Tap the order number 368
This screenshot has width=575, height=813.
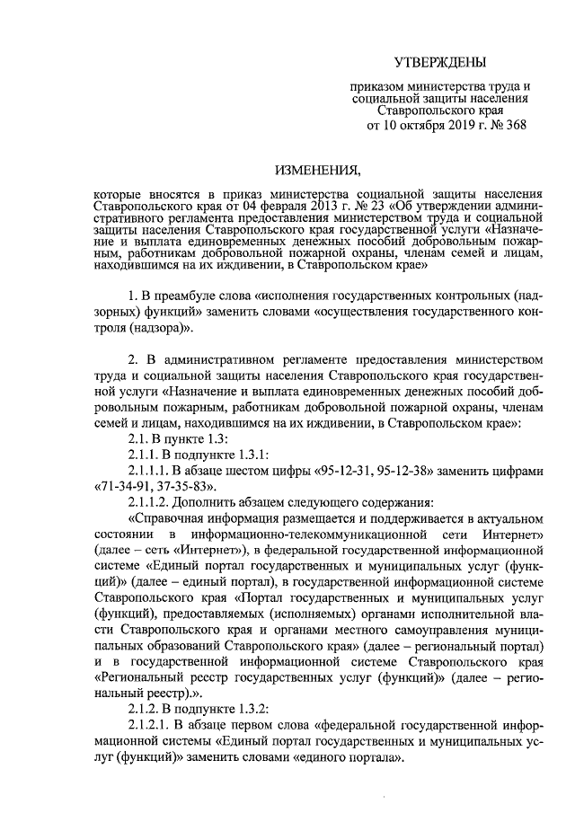513,127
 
